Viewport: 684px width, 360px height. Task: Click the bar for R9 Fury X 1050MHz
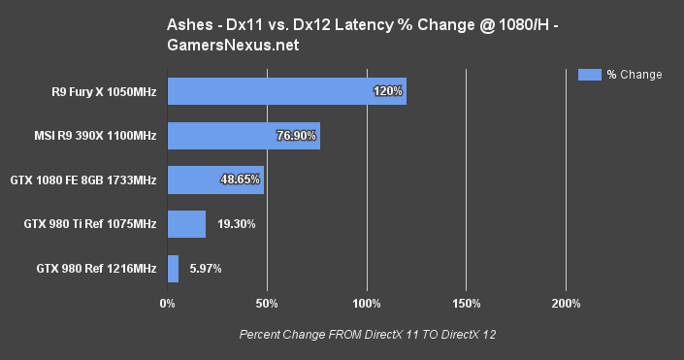click(286, 91)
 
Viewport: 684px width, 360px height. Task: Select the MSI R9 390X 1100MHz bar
click(244, 136)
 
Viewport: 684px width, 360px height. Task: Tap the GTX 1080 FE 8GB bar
click(215, 180)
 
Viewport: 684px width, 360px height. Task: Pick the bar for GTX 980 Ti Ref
click(186, 224)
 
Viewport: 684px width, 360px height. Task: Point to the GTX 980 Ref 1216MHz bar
click(173, 269)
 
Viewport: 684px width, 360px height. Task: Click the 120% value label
click(387, 91)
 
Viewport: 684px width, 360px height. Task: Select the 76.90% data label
click(297, 136)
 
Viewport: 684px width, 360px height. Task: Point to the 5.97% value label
click(204, 269)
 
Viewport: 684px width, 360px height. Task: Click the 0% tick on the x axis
click(167, 304)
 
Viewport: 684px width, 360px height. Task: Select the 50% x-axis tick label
click(267, 304)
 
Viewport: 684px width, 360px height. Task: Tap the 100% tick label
click(367, 304)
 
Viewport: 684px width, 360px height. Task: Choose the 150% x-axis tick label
click(467, 304)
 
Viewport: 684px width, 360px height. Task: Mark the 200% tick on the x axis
click(567, 304)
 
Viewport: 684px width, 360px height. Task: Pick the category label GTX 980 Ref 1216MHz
click(96, 269)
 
